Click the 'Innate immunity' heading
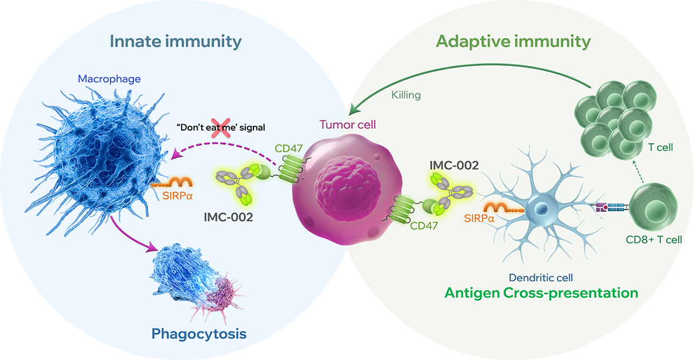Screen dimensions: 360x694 pos(175,42)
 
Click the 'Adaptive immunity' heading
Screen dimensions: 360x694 pos(513,42)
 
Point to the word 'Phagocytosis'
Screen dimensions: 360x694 pos(199,334)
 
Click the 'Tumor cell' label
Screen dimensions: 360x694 pos(347,125)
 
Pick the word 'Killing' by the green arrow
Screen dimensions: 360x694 pos(406,94)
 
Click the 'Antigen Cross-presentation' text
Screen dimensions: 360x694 pos(541,293)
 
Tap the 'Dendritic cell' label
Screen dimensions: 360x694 pos(541,277)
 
